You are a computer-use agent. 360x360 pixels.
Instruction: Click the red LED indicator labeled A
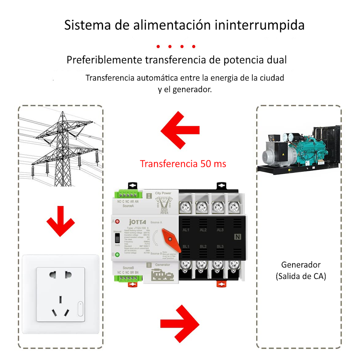(x=117, y=222)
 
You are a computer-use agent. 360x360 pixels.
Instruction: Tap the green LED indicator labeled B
(x=117, y=255)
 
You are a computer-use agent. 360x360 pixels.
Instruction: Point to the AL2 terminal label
(x=203, y=230)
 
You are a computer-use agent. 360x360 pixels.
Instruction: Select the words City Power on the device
(x=163, y=193)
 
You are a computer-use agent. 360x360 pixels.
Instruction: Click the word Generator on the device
(x=163, y=265)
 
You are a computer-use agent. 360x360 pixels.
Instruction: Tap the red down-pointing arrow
(x=60, y=221)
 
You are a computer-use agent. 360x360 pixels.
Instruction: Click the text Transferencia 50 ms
(x=183, y=164)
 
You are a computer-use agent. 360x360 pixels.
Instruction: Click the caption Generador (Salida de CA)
(x=301, y=271)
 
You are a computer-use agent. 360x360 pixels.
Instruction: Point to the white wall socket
(x=60, y=294)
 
